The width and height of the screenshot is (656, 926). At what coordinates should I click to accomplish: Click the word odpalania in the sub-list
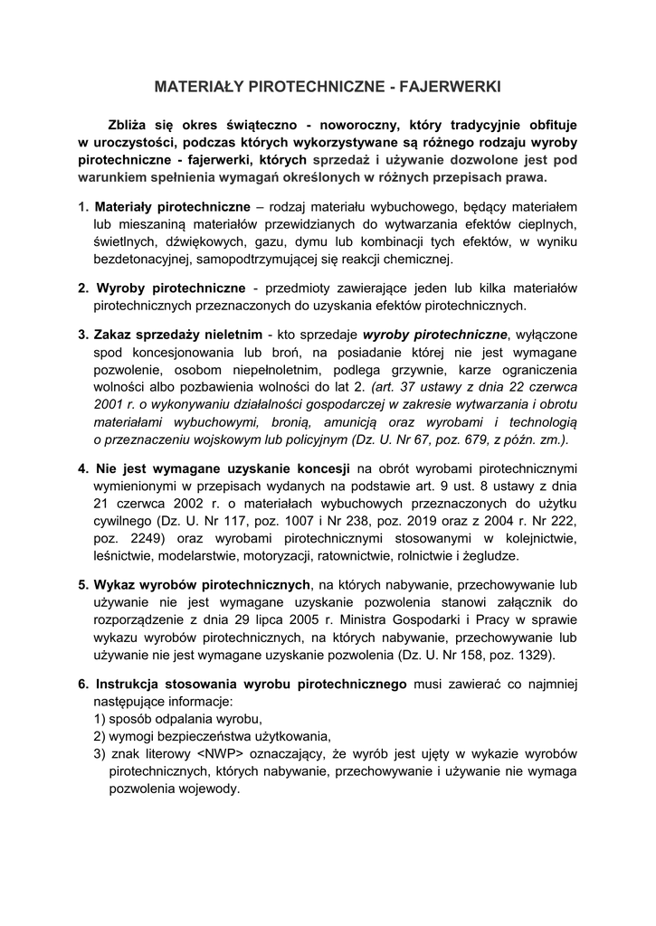187,719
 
